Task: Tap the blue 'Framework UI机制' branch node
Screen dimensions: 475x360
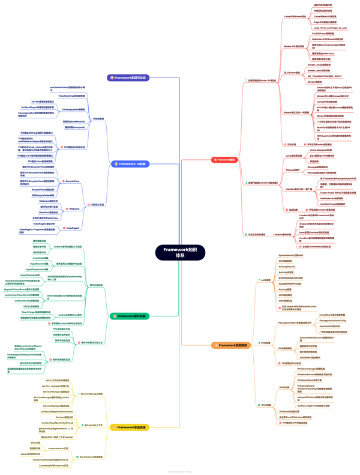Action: (133, 163)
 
